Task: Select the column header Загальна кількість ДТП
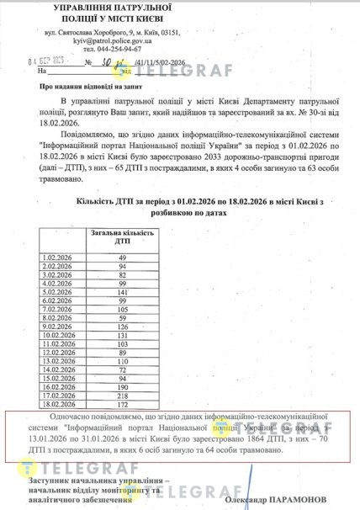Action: [120, 236]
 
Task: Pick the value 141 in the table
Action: [121, 292]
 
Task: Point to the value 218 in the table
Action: [121, 394]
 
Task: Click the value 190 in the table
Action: [121, 385]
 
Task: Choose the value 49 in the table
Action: [121, 255]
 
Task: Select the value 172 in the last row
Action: [121, 403]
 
